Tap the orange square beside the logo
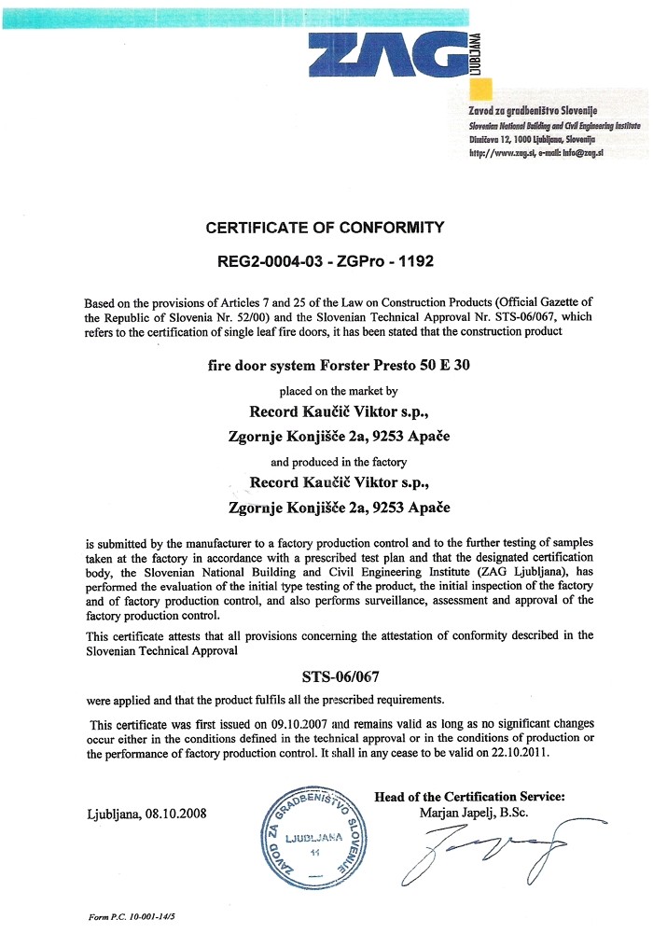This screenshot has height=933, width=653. click(x=480, y=89)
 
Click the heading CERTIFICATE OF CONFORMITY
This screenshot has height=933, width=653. click(x=326, y=227)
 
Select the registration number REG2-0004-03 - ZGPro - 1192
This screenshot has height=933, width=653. click(x=326, y=262)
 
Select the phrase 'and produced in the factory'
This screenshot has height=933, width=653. click(x=326, y=462)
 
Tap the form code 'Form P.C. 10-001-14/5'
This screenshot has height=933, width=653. click(x=130, y=917)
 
